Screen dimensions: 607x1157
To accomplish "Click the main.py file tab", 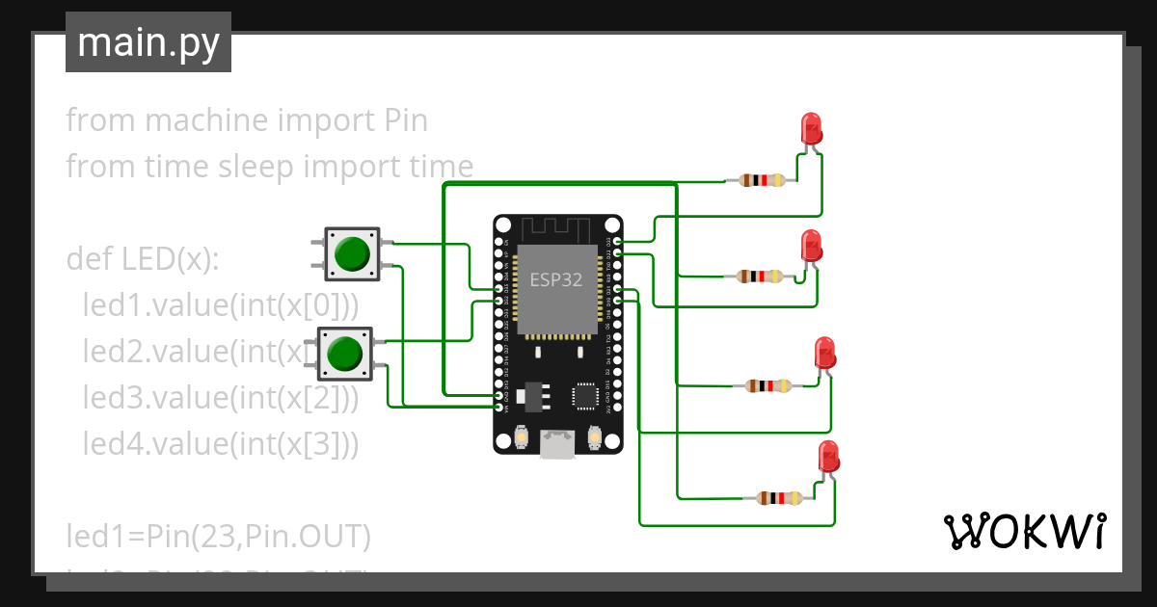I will [x=148, y=42].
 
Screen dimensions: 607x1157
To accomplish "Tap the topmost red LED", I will [x=812, y=129].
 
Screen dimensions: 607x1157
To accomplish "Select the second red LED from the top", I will [x=812, y=246].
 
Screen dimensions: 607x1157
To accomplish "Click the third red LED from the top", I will [x=824, y=353].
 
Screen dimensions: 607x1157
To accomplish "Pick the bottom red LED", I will [x=828, y=456].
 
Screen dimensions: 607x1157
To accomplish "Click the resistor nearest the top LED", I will [x=761, y=180].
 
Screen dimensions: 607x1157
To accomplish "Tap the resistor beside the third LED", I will [x=768, y=386].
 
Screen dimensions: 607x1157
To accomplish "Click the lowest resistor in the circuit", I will [x=779, y=498].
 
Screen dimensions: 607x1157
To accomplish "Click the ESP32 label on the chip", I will [x=556, y=280].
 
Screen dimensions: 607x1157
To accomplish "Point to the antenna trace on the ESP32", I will [x=556, y=228].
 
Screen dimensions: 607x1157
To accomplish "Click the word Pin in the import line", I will [x=406, y=120].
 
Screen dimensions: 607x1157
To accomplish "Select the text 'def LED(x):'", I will [x=143, y=259].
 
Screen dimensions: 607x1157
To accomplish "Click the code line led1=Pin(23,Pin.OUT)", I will [x=218, y=536].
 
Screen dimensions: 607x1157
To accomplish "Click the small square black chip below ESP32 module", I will [x=585, y=395].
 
